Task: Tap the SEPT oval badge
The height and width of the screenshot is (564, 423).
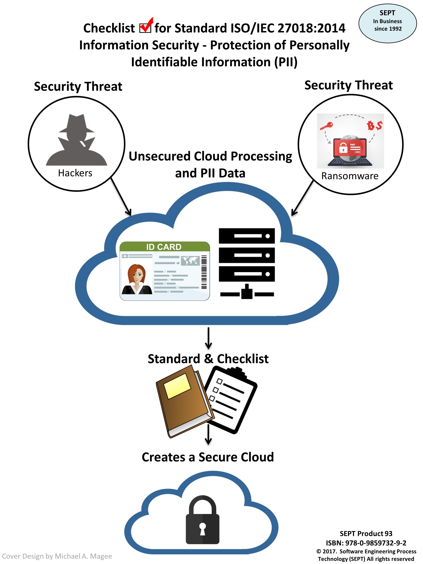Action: point(387,23)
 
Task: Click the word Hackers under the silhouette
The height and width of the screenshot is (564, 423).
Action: point(75,173)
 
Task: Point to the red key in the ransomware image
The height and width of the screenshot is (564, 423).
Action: point(326,126)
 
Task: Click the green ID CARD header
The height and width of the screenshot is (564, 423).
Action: point(164,246)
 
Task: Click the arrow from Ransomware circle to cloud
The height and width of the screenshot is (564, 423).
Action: point(302,198)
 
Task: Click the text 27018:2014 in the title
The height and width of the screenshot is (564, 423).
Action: point(311,28)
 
